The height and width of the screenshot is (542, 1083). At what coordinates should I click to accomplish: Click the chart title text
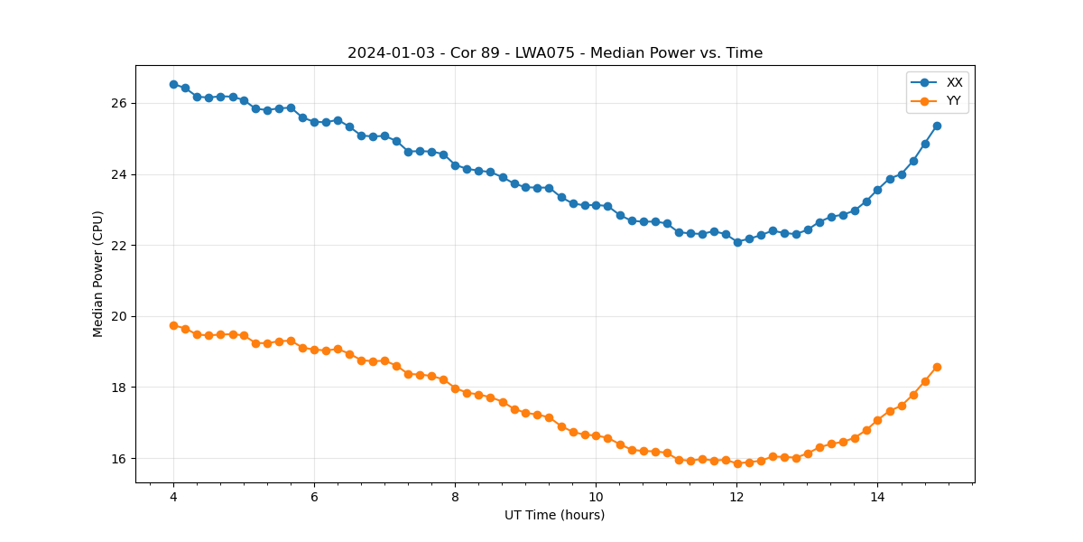pos(555,53)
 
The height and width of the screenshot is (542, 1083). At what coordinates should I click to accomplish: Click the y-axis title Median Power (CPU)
pos(98,274)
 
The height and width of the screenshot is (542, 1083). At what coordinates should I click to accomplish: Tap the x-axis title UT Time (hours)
pos(554,515)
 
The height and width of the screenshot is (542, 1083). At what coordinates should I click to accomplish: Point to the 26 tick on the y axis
pos(119,103)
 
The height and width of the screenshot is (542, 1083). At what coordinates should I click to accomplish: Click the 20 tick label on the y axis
pos(119,316)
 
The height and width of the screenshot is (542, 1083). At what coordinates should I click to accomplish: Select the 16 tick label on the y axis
pos(119,459)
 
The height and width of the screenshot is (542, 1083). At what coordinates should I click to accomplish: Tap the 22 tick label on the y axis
pos(119,246)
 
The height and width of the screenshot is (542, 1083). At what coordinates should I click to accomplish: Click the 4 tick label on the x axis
pos(173,497)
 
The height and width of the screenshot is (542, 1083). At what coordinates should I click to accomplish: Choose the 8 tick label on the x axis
pos(455,497)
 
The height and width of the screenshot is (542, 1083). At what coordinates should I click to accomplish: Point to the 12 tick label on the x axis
pos(736,497)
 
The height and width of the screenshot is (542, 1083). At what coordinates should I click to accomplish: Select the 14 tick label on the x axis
pos(877,497)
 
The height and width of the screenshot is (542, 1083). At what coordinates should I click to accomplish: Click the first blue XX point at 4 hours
pos(173,84)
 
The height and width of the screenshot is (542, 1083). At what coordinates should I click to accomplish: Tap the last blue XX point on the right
pos(937,126)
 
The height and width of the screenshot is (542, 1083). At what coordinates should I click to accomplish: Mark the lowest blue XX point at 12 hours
pos(737,242)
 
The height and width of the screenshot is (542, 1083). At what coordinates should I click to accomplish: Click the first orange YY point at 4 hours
pos(173,325)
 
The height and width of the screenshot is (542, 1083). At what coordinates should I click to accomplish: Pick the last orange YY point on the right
pos(937,367)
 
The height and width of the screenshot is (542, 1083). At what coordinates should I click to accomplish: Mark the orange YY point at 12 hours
pos(737,463)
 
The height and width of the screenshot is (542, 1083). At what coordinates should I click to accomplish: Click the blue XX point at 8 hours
pos(455,165)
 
